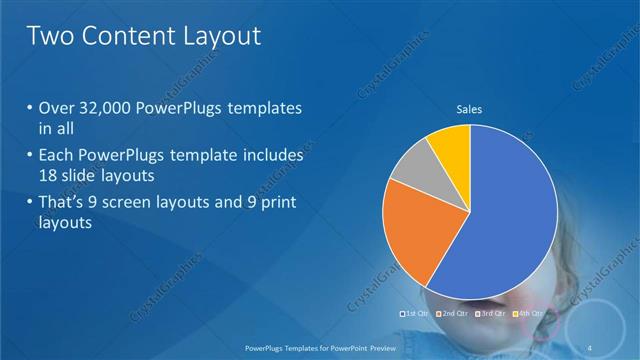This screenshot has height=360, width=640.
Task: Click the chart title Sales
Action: pos(470,108)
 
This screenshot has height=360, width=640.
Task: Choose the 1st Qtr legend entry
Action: pos(414,314)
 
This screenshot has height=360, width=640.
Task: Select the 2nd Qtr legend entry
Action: pos(454,314)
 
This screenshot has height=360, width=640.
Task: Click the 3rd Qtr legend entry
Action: pos(491,314)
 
